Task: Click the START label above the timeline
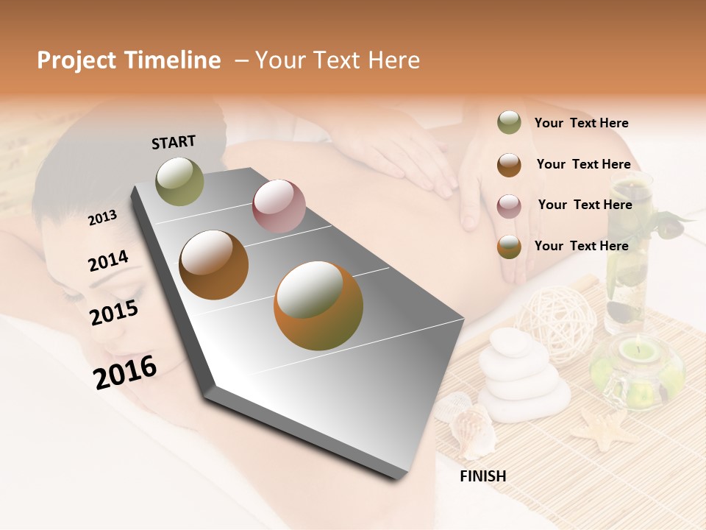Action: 174,142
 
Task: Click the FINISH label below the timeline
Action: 482,476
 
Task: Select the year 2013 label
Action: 102,217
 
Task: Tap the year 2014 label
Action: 108,261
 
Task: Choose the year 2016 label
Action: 125,372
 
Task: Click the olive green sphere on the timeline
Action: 180,181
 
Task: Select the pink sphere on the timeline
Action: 279,205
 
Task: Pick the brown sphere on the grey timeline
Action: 214,265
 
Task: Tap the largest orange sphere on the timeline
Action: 318,305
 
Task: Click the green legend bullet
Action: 509,123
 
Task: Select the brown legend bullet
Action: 509,164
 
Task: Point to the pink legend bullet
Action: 509,205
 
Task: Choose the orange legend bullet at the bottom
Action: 509,247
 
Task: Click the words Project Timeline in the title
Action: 129,60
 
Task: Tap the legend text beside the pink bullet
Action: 585,205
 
